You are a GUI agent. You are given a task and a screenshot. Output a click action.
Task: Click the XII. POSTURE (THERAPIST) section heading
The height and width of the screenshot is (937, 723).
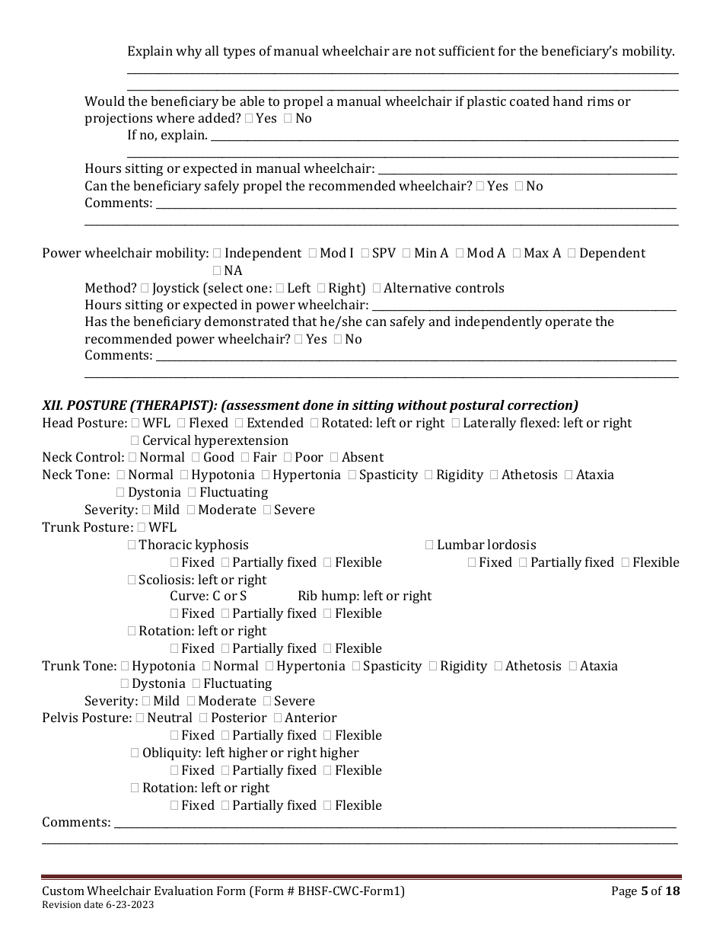pyautogui.click(x=310, y=405)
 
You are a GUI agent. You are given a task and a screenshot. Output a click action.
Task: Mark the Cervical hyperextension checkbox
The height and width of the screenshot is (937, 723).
pyautogui.click(x=135, y=441)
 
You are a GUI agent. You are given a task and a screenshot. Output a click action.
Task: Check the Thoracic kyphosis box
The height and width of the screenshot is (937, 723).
pyautogui.click(x=132, y=545)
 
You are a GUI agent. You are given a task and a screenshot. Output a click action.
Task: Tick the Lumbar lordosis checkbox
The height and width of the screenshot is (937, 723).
pyautogui.click(x=429, y=545)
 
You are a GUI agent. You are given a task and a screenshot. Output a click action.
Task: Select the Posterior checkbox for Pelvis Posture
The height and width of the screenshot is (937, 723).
pyautogui.click(x=203, y=718)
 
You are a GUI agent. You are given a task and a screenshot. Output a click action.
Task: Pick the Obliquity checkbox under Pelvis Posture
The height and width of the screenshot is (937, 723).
pyautogui.click(x=135, y=753)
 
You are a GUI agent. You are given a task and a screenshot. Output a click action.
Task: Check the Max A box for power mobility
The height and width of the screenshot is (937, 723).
pyautogui.click(x=517, y=254)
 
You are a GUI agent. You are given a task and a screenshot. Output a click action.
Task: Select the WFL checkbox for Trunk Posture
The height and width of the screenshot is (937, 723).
pyautogui.click(x=142, y=528)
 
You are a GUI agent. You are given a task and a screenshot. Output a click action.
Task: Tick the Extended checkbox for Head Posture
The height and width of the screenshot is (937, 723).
pyautogui.click(x=239, y=424)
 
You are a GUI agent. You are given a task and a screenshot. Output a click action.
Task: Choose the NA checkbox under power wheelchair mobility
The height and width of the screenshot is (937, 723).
pyautogui.click(x=217, y=271)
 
